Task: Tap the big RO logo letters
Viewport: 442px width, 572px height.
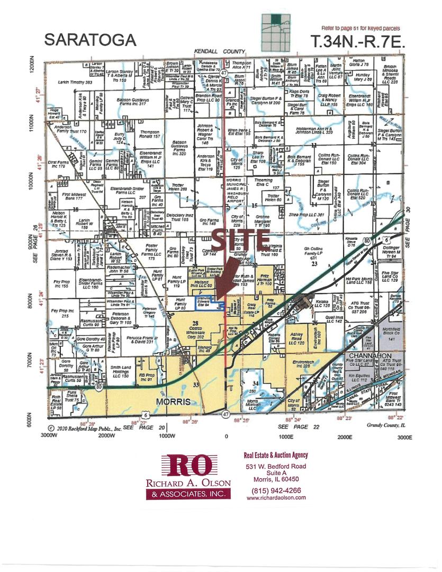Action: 189,466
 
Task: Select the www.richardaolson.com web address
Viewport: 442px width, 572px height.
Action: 276,498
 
